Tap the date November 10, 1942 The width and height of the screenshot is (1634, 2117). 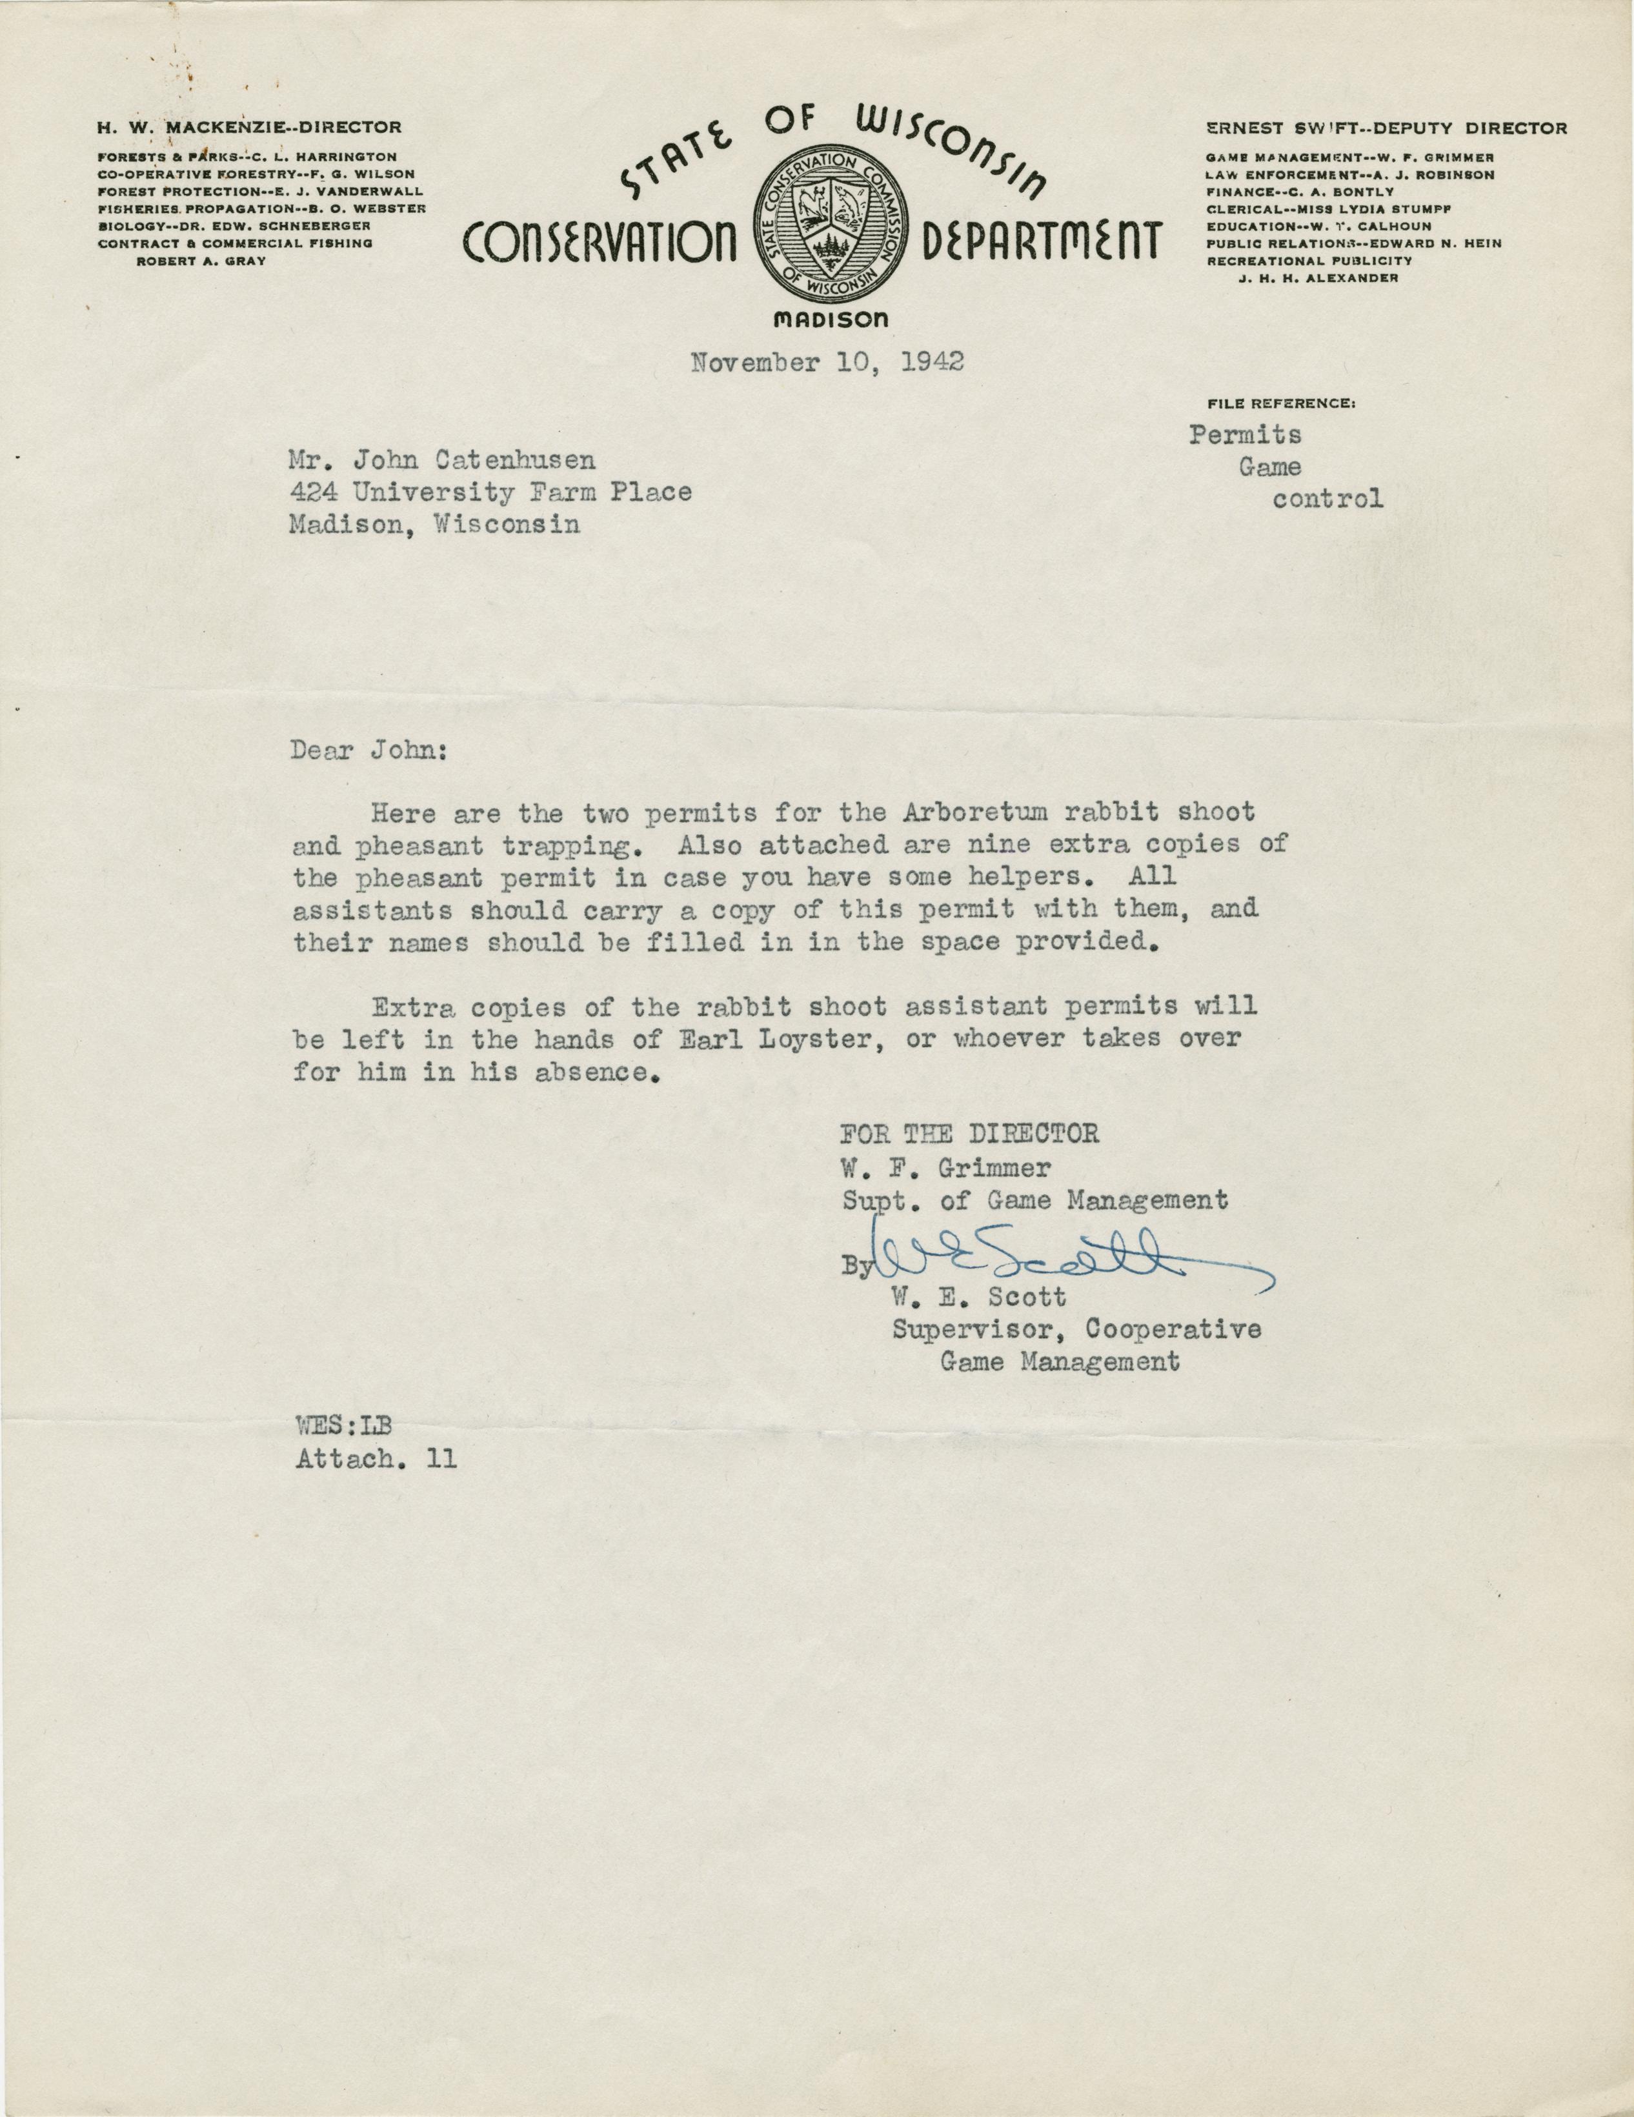827,363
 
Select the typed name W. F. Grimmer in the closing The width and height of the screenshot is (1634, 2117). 945,1167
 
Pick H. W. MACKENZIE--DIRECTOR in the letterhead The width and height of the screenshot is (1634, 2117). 249,127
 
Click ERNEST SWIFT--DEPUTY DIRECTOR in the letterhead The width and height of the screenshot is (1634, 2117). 1386,127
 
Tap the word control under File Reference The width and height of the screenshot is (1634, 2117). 1327,499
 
